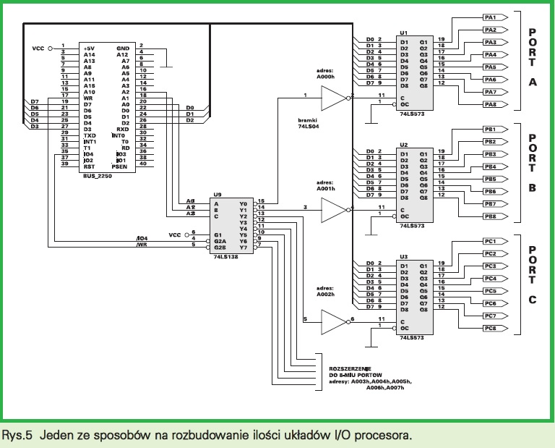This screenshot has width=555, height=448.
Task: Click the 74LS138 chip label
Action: [x=225, y=258]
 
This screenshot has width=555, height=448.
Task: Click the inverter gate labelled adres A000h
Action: [x=333, y=96]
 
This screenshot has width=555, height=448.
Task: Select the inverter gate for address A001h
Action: [x=333, y=209]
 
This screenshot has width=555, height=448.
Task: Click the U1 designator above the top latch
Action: [x=403, y=33]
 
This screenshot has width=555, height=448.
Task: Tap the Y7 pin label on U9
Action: [x=243, y=248]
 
